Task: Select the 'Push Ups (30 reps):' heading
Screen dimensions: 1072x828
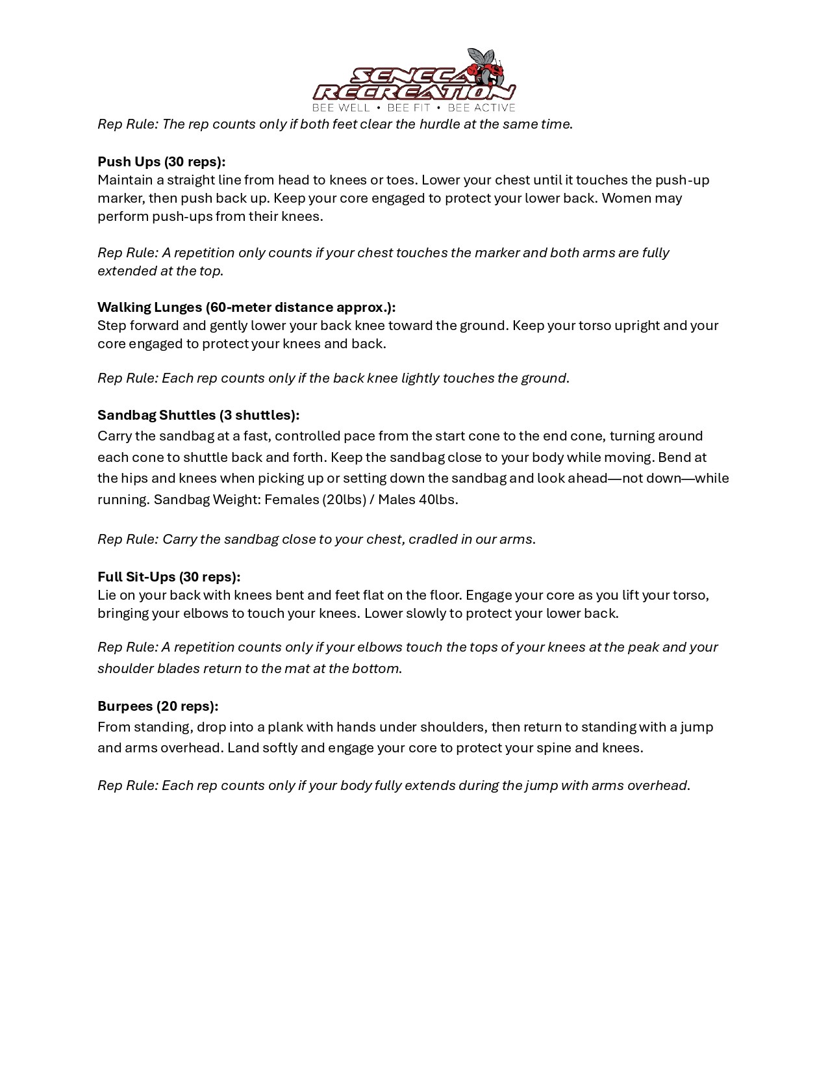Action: pos(162,162)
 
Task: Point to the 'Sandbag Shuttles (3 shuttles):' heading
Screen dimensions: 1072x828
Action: pos(198,415)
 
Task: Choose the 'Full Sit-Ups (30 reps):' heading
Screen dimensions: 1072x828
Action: pos(169,577)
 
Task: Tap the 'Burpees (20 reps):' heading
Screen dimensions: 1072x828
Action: pos(158,706)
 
